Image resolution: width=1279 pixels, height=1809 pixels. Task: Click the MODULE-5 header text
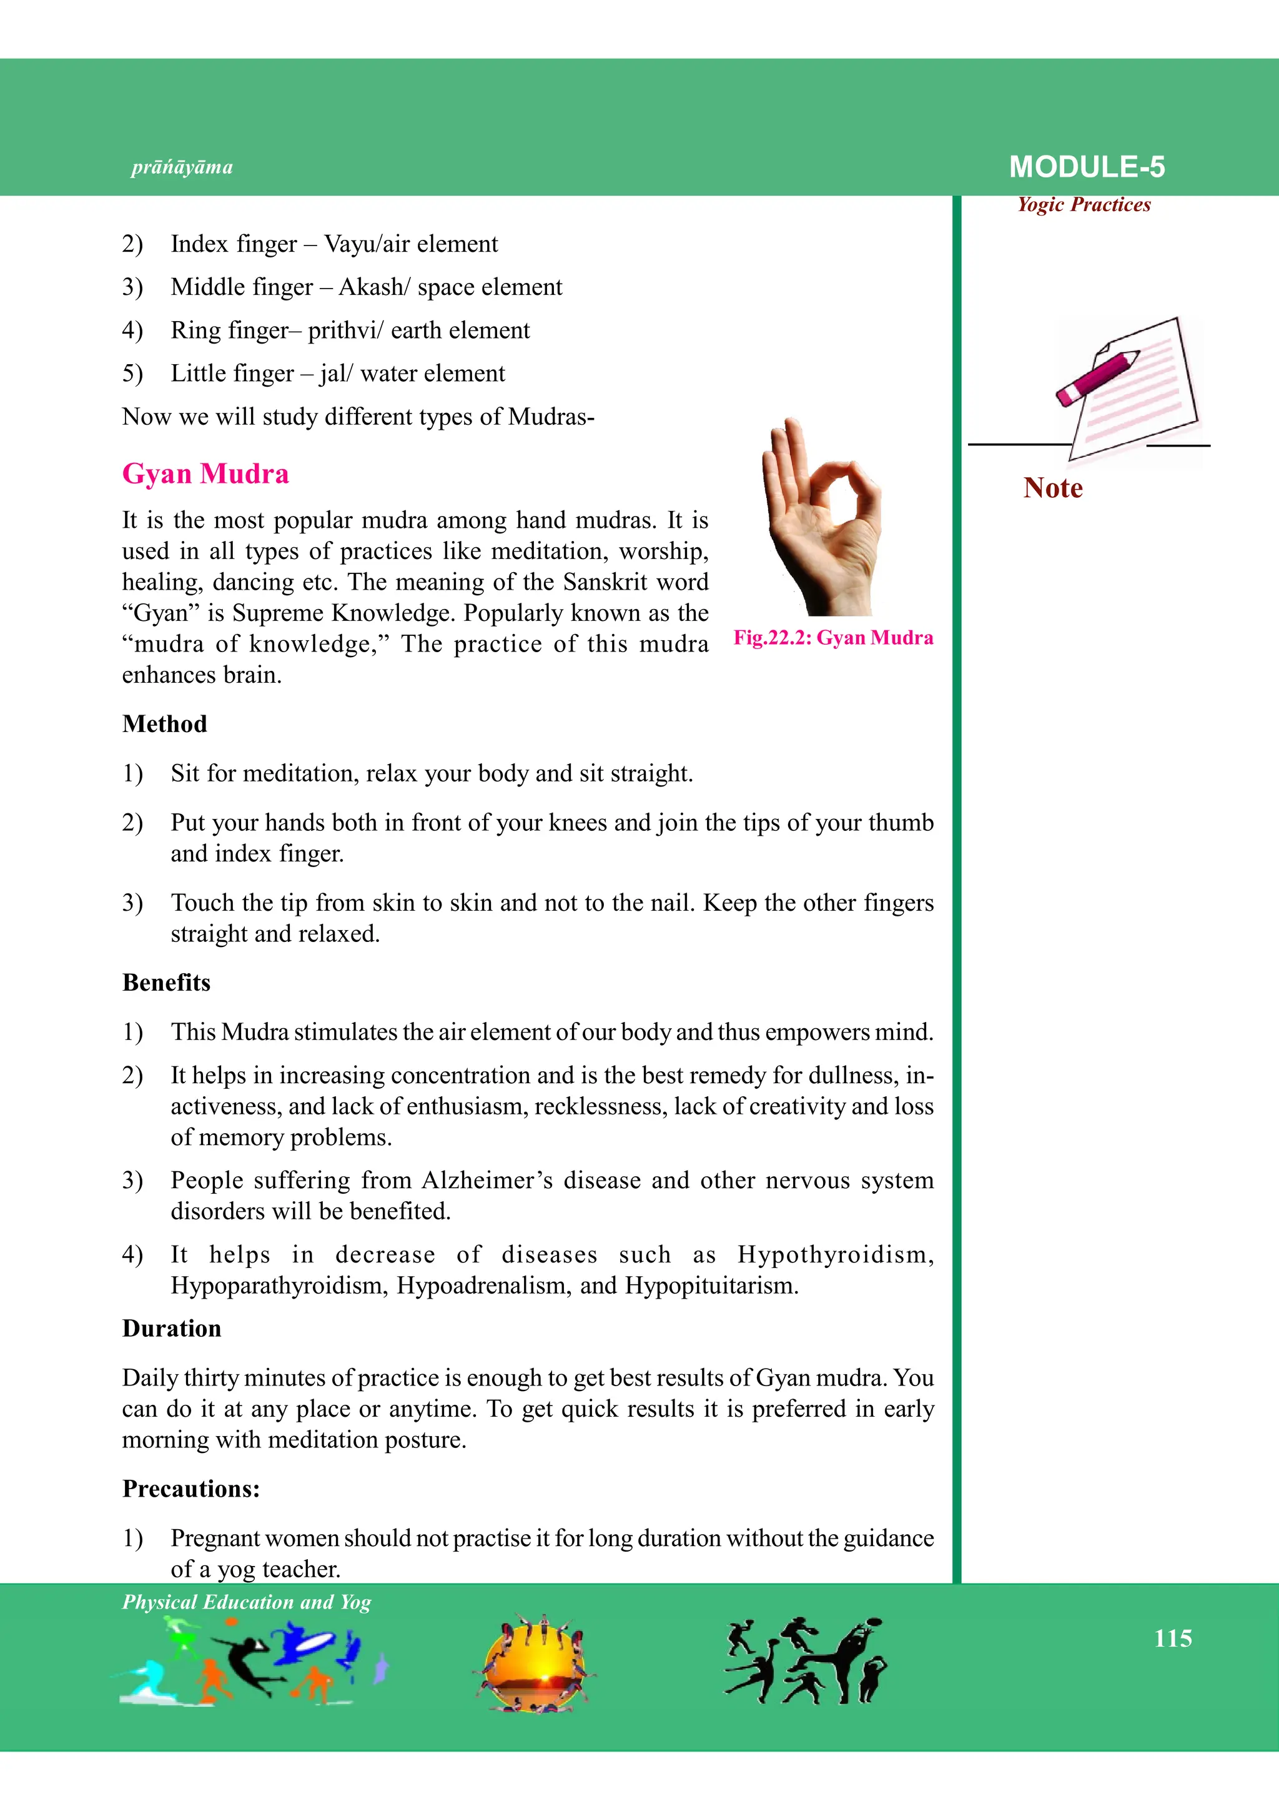pos(1086,167)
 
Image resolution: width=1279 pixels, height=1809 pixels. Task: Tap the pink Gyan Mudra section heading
pos(205,473)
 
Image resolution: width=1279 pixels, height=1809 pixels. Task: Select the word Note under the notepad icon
pos(1052,488)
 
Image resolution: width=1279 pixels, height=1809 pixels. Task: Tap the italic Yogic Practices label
pos(1084,205)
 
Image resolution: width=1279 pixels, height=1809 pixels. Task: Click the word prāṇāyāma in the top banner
pos(182,167)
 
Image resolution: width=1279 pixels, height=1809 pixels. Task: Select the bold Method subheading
pos(165,723)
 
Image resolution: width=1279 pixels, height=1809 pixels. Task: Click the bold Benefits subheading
pos(166,982)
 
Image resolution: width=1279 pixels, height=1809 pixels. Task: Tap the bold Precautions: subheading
pos(190,1489)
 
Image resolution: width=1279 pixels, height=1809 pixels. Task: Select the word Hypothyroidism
pos(835,1254)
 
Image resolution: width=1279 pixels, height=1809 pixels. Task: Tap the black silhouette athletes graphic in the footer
pos(804,1660)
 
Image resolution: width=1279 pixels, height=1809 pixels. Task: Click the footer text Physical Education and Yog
pos(247,1602)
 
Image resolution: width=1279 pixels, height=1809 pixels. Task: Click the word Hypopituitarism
pos(711,1285)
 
